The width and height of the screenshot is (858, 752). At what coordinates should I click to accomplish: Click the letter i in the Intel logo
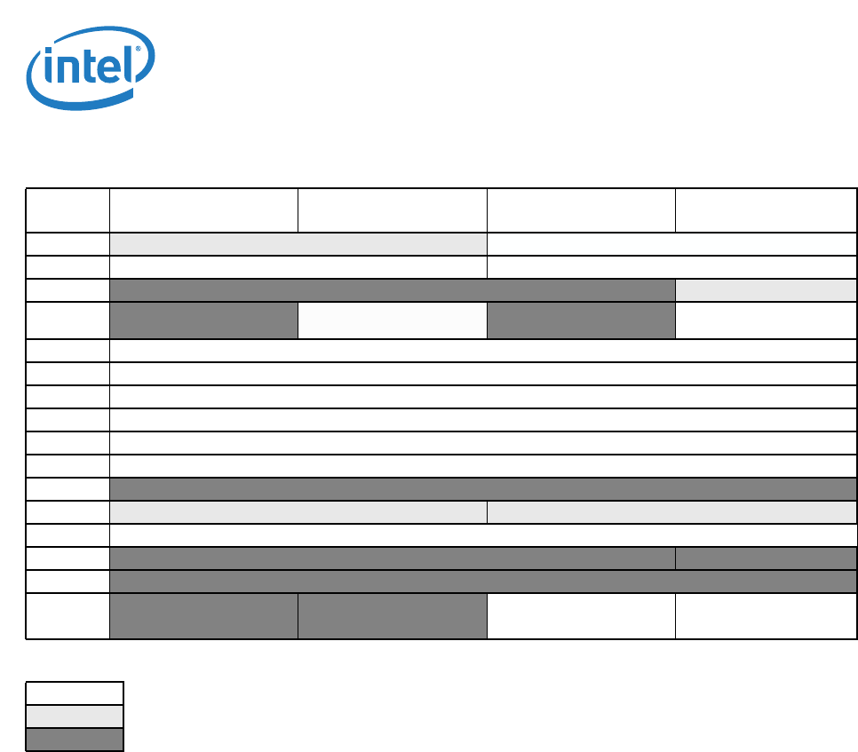pos(47,68)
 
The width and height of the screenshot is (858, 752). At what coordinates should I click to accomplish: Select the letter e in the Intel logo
pos(109,70)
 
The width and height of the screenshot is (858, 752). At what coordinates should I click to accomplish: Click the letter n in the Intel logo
pos(67,71)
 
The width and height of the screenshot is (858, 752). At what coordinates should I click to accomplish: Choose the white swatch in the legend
pos(74,693)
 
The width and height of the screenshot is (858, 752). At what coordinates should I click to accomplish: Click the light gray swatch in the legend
pos(74,716)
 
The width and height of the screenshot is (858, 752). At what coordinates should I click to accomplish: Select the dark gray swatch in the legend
pos(74,739)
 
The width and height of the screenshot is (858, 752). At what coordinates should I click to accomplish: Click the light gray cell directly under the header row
pos(298,244)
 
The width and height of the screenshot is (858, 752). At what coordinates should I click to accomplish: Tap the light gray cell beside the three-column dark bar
pos(766,290)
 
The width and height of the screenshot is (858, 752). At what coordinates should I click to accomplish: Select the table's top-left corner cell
pos(68,210)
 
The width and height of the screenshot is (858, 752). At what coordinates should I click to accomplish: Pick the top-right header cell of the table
pos(766,210)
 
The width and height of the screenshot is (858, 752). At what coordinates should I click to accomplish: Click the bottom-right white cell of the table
pos(766,615)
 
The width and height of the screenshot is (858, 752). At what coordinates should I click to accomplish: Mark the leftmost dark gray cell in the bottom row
pos(203,615)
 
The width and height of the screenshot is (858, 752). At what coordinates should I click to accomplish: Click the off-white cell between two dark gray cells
pos(392,321)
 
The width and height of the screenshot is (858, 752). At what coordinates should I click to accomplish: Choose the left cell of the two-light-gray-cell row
pos(298,512)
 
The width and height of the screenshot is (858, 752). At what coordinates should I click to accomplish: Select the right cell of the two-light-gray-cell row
pos(671,512)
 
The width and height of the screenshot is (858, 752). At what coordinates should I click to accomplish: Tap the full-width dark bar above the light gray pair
pos(482,489)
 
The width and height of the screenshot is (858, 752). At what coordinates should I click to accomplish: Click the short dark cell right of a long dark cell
pos(766,558)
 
